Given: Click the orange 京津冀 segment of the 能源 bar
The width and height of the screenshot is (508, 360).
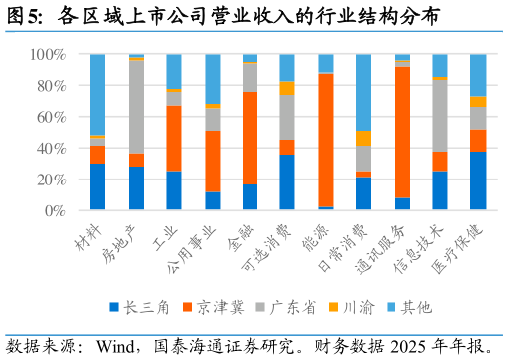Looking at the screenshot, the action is point(326,140).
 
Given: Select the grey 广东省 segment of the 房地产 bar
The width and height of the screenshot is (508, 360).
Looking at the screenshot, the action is point(136,107).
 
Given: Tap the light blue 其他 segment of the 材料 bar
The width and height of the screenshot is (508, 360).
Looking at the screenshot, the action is point(97,95).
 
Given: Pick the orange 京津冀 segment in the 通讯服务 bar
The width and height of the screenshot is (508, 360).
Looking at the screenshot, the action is point(402,133).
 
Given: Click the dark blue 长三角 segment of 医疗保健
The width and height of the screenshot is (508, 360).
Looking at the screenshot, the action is point(478,180).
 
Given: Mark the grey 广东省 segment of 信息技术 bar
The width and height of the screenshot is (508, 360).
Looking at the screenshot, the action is point(440,116).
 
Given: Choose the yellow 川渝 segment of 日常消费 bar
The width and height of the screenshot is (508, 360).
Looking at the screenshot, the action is point(363,138).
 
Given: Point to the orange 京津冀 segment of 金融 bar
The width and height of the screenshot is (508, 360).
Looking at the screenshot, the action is point(250,138).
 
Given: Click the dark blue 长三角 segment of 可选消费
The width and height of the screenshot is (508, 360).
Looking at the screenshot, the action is point(287,182).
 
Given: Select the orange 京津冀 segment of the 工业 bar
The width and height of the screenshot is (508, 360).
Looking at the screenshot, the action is point(174,139).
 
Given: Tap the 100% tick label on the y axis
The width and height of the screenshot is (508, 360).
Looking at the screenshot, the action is point(48,54).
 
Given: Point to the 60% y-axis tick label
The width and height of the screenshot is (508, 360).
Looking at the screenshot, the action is point(51,117).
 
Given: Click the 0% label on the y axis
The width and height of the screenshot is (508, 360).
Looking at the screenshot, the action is point(55,210).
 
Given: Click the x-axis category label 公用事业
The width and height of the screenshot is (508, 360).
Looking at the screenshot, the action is point(191,249).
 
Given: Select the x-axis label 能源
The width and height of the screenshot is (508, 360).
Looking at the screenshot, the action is point(315,238).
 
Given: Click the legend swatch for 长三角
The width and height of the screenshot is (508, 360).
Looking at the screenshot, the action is point(114,307).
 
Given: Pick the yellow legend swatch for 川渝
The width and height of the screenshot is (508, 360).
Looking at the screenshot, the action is point(333,307).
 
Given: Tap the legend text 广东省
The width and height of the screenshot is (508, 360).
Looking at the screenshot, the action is point(292,307).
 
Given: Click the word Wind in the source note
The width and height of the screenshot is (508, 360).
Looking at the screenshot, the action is point(115,347).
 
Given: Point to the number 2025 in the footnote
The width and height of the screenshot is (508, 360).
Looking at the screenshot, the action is point(408,347).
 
